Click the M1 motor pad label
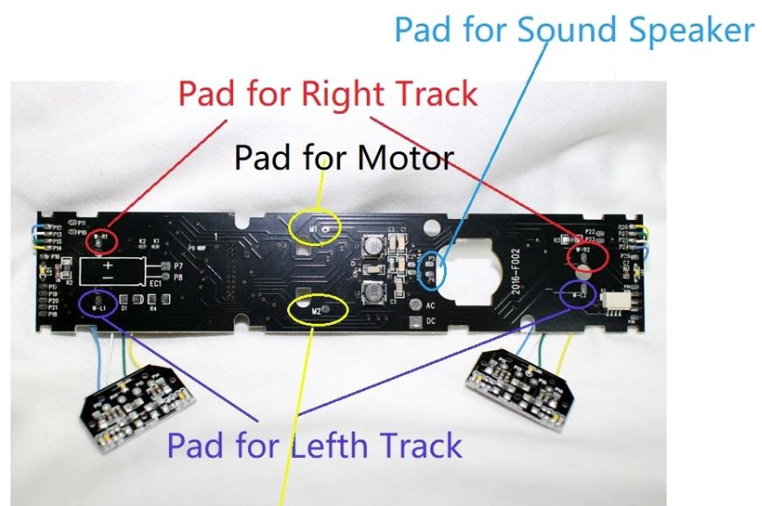click(314, 228)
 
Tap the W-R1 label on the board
click(102, 237)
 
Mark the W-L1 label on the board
click(98, 306)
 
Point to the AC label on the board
click(430, 306)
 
